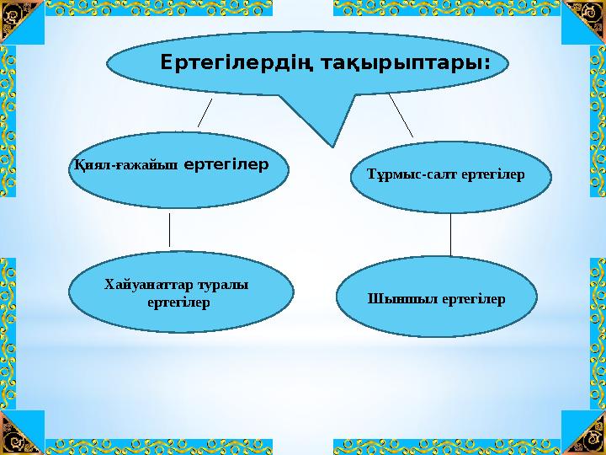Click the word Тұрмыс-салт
(x=408, y=175)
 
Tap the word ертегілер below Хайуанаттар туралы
(x=178, y=302)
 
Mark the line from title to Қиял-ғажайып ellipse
(x=205, y=114)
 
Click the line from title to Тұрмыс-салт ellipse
(x=401, y=115)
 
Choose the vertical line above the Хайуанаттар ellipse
(x=170, y=229)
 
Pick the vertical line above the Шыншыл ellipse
(x=451, y=233)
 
